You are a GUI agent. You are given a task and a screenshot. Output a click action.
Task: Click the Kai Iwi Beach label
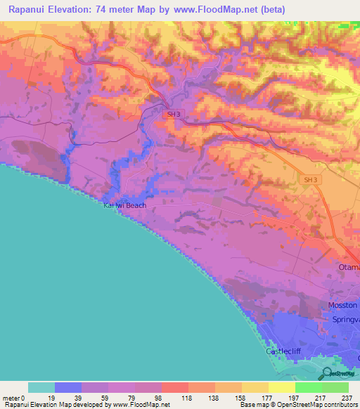(125, 205)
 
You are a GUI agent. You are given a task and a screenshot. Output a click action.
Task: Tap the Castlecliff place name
(285, 351)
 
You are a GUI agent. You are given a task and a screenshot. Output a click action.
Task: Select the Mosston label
(343, 305)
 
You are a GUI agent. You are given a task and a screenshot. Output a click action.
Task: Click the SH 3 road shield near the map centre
(172, 114)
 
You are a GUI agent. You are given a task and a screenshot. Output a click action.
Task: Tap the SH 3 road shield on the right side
(311, 181)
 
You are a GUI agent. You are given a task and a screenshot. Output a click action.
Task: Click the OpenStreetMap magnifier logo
(326, 373)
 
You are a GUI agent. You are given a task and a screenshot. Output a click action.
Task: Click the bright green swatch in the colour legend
(309, 387)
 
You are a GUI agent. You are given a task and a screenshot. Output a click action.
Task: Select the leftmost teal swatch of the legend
(41, 387)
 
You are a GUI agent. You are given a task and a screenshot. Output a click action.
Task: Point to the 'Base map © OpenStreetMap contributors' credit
(299, 405)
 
